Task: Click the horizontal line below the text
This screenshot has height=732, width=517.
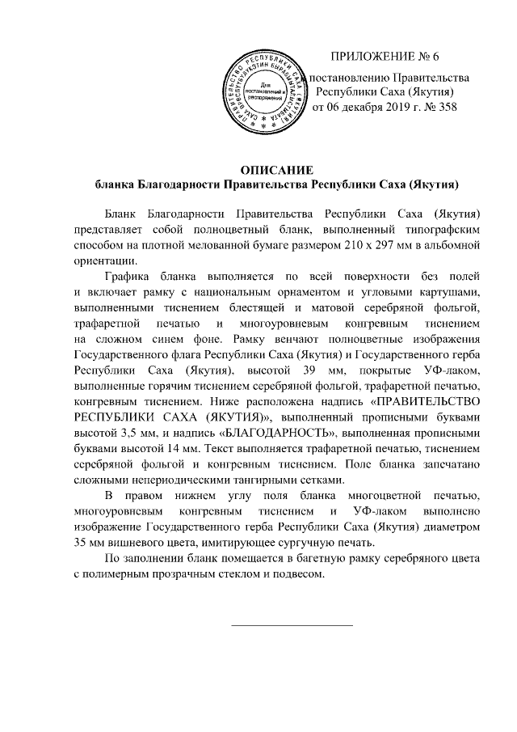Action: pyautogui.click(x=292, y=624)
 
